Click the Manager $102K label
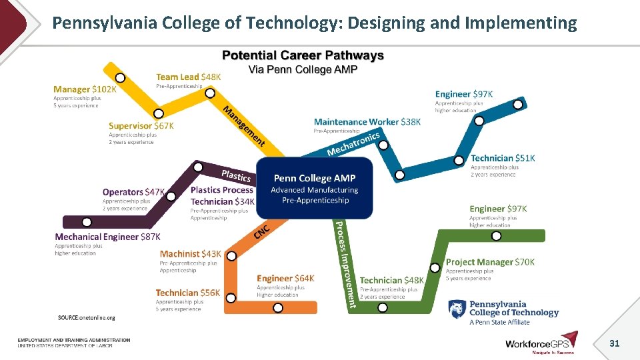(x=85, y=89)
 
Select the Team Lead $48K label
(x=188, y=77)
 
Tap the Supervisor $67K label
(x=141, y=125)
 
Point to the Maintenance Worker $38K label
(x=367, y=122)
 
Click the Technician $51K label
(x=503, y=158)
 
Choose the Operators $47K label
(x=133, y=192)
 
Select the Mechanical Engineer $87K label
(x=107, y=237)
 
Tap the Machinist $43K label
(x=190, y=254)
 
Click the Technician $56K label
(x=187, y=293)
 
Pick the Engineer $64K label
(x=285, y=278)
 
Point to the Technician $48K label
(x=392, y=281)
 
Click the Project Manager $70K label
(x=490, y=262)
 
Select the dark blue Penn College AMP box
(x=315, y=188)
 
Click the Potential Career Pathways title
(x=303, y=55)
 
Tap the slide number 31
(x=615, y=343)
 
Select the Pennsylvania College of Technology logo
(x=504, y=312)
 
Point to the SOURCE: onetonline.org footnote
(x=86, y=318)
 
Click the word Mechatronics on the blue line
(x=353, y=143)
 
